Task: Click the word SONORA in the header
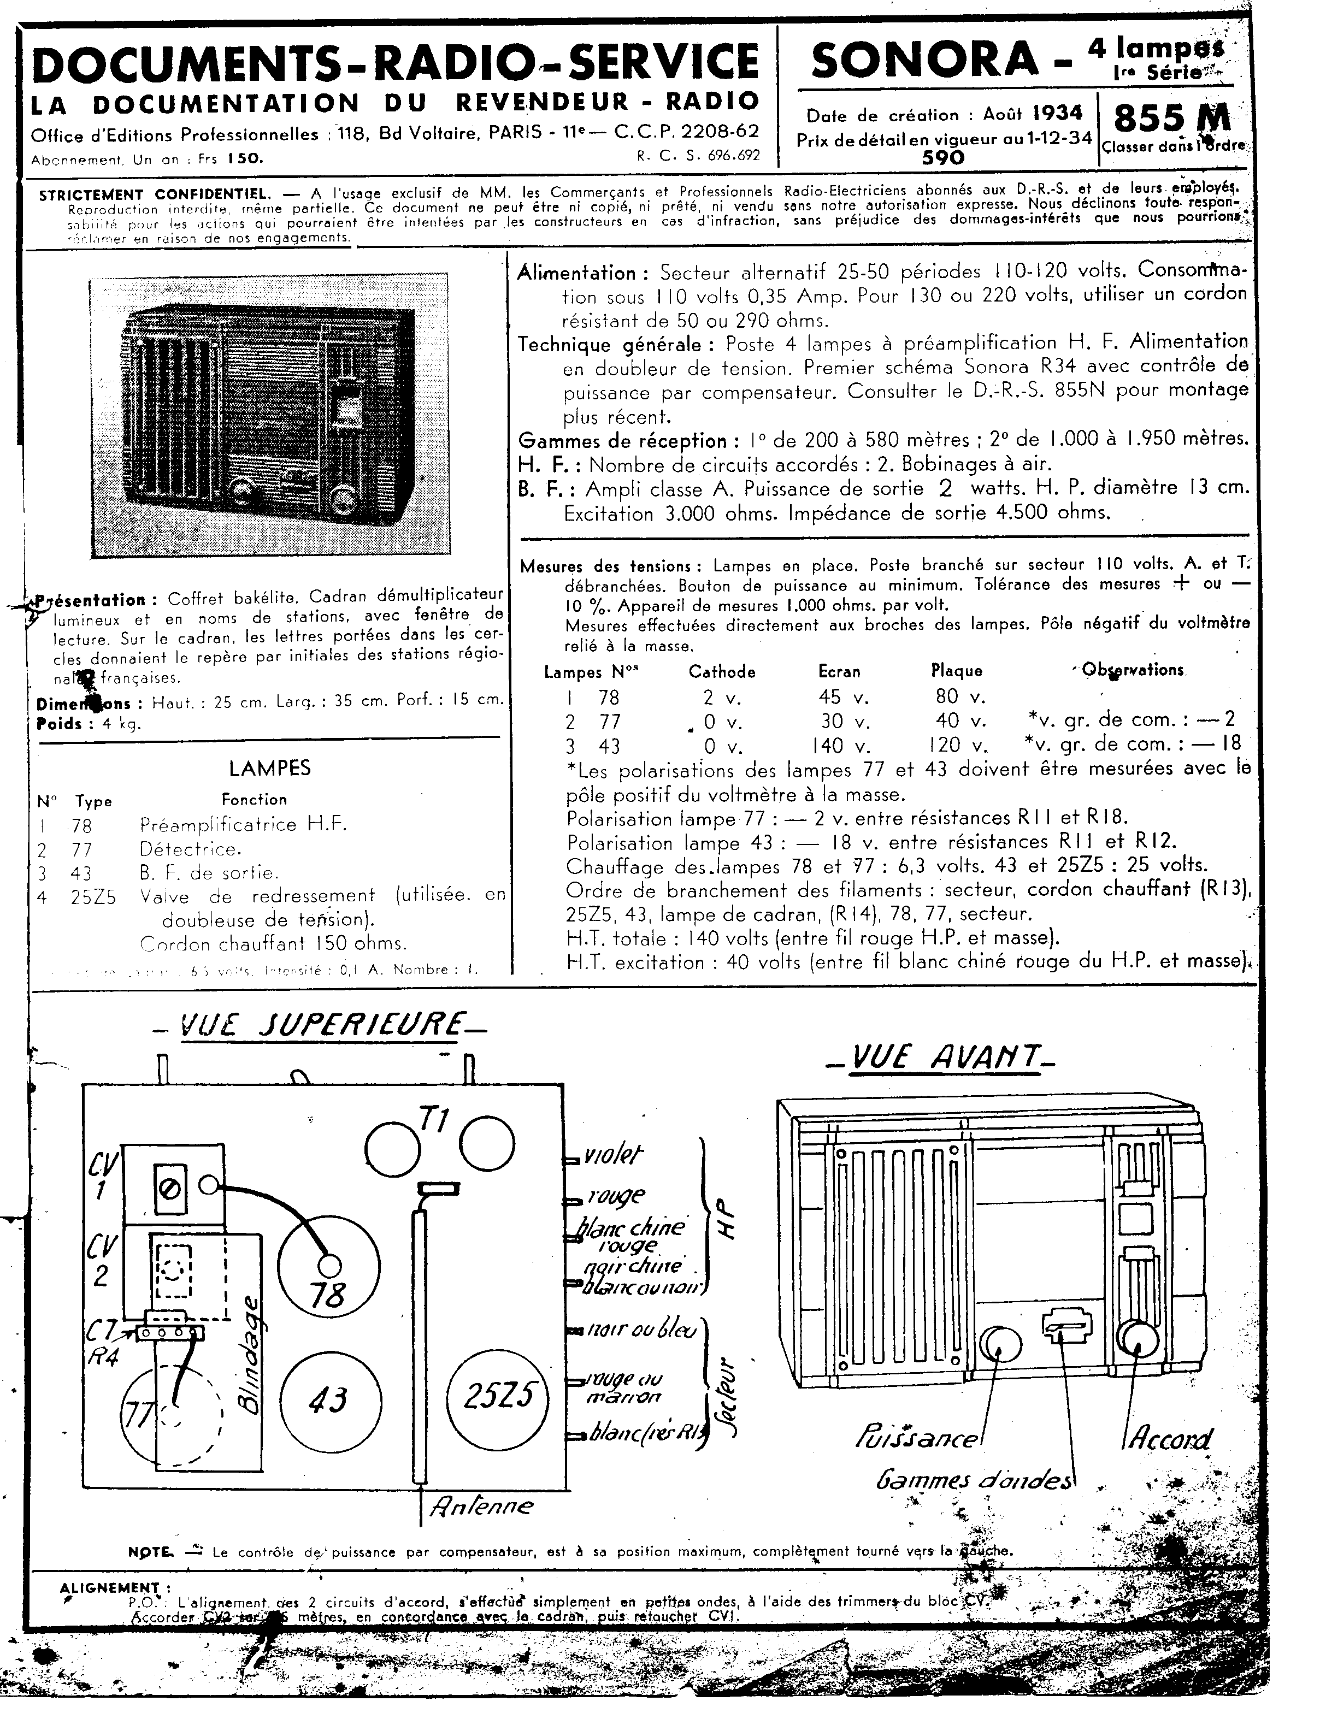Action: tap(924, 61)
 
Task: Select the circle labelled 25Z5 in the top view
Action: tap(499, 1398)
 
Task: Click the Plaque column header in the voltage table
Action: tap(956, 671)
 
